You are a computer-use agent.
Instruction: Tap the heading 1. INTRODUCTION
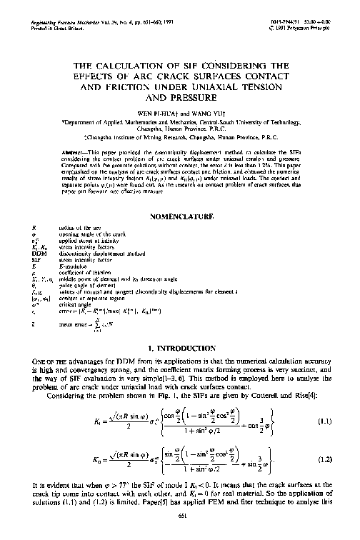pos(180,345)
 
